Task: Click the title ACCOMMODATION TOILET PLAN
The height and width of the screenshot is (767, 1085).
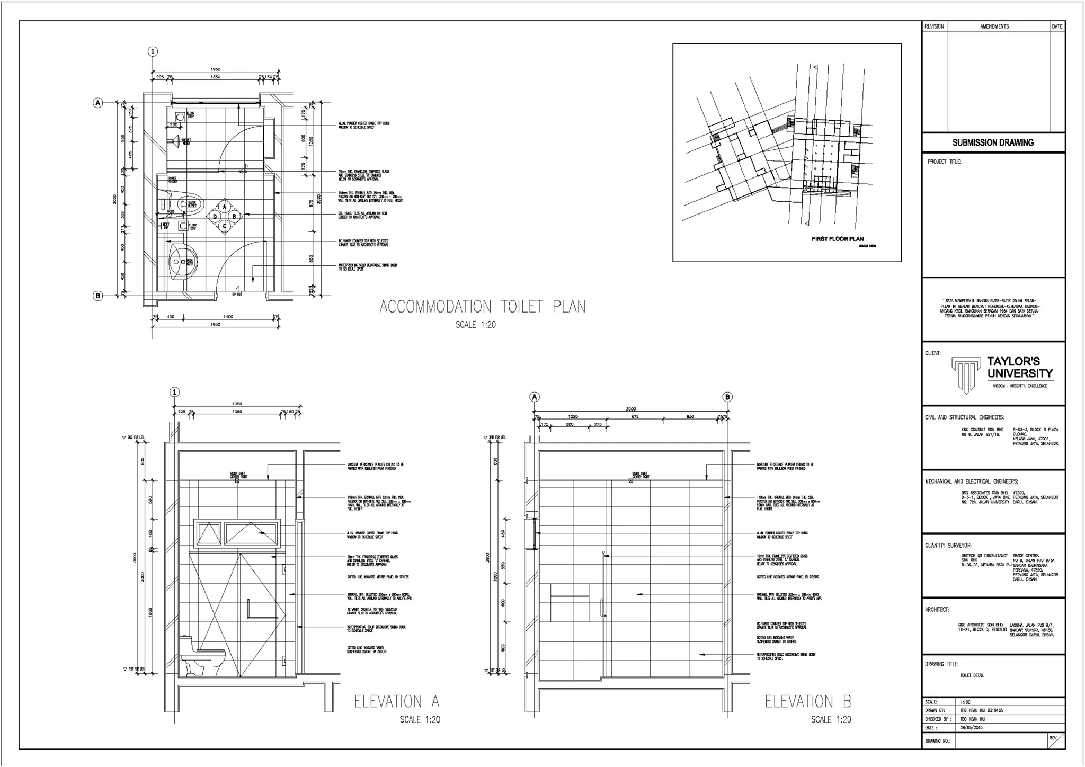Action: click(483, 307)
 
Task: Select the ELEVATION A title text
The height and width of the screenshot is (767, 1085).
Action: click(397, 702)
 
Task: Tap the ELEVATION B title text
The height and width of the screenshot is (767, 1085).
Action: click(808, 702)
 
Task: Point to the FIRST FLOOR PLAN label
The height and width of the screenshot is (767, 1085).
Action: click(838, 239)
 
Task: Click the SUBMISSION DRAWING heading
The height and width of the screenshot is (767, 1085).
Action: click(993, 142)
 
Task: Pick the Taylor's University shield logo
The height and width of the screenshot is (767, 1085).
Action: click(966, 374)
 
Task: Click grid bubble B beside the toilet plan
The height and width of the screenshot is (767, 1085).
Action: click(98, 296)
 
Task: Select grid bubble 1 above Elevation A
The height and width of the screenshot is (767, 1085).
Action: click(175, 392)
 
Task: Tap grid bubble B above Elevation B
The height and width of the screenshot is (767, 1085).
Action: click(728, 397)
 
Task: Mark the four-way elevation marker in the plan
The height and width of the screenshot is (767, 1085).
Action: click(225, 216)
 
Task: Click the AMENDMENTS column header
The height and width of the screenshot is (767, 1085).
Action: click(994, 26)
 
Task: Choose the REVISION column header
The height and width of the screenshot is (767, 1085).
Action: click(934, 26)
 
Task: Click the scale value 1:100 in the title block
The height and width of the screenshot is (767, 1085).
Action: click(965, 702)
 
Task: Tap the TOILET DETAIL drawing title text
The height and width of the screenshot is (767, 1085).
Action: click(972, 676)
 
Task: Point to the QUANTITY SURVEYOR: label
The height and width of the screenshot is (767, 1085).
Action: click(948, 546)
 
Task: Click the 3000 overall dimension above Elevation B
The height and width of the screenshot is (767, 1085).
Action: click(630, 409)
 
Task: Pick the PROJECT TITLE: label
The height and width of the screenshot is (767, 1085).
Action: click(944, 162)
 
